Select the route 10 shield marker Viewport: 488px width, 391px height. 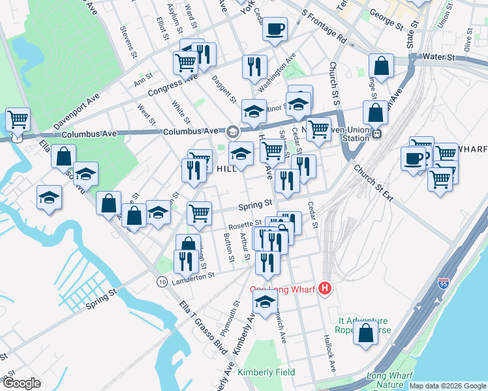(161, 281)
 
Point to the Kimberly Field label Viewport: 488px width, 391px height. (266, 372)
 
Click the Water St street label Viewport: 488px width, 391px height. (438, 58)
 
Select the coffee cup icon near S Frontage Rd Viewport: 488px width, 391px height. (275, 29)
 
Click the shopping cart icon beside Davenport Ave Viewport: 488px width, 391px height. (17, 119)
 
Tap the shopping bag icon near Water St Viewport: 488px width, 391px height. (381, 65)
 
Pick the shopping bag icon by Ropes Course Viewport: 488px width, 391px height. (366, 332)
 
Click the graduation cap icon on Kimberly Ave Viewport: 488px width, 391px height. (265, 302)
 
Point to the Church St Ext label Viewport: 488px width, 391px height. (373, 183)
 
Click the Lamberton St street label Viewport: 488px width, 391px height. (193, 276)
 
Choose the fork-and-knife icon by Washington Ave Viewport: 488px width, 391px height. (254, 66)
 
